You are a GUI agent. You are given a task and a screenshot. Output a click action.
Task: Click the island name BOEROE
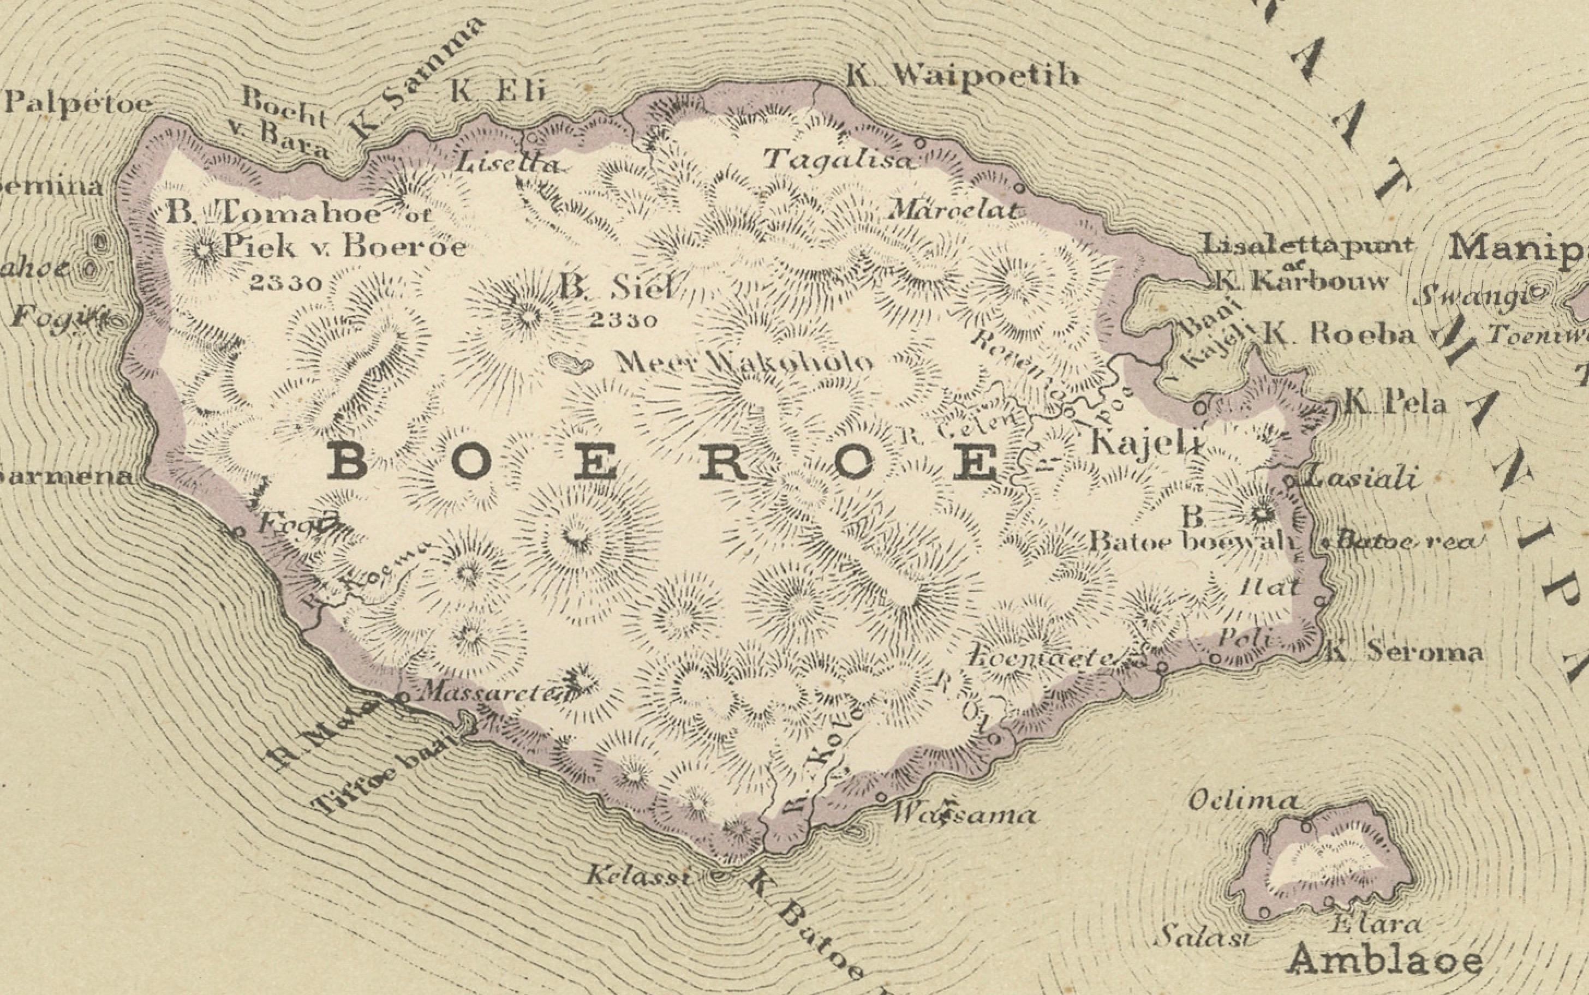665,463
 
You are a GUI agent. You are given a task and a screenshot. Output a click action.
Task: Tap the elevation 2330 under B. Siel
623,320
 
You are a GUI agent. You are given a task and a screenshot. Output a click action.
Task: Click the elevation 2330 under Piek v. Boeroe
286,283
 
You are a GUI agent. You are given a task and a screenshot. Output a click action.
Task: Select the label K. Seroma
1403,651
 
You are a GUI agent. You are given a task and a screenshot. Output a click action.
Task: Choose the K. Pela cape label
1394,402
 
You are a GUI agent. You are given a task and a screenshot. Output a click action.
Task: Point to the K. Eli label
498,91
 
